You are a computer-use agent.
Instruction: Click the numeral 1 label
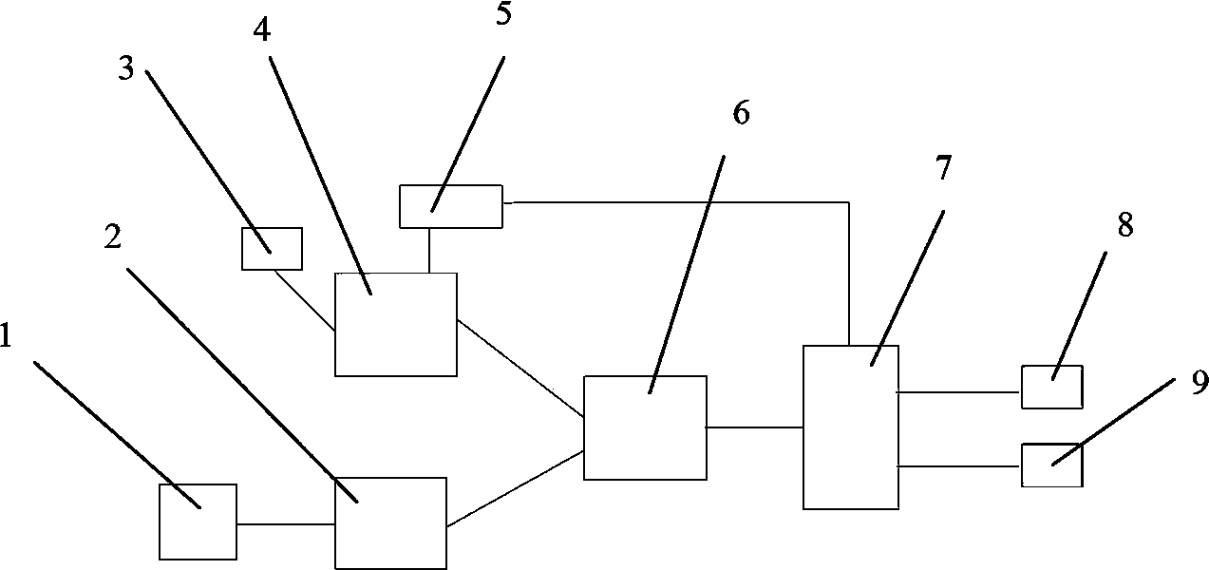click(x=7, y=336)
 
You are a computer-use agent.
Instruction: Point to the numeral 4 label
click(x=261, y=30)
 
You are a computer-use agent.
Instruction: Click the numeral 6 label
click(x=741, y=113)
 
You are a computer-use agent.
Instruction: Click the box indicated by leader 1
click(x=198, y=522)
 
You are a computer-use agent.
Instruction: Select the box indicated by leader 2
click(x=390, y=522)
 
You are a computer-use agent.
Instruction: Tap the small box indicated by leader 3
click(x=273, y=249)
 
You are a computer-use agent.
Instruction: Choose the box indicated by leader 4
click(x=396, y=324)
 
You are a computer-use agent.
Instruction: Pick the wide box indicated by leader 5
click(x=450, y=207)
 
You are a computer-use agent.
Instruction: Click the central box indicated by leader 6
click(x=645, y=427)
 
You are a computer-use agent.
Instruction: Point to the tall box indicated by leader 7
click(x=851, y=427)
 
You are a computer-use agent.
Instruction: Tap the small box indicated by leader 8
click(x=1051, y=387)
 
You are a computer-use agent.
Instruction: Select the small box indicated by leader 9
click(x=1051, y=465)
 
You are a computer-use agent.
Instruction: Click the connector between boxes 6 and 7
click(x=755, y=427)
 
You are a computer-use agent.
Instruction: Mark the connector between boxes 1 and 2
click(x=285, y=523)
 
